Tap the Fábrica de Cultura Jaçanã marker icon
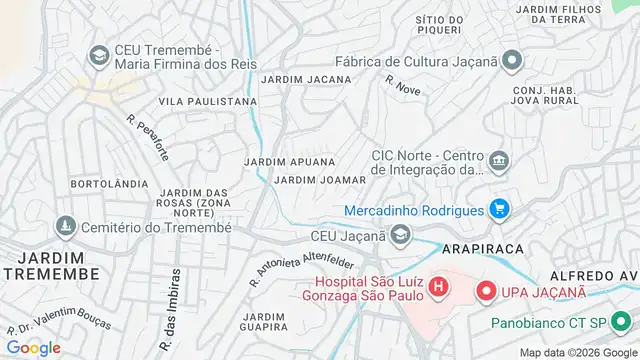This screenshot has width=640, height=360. click(x=512, y=61)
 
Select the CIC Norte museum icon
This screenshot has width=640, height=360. click(x=498, y=160)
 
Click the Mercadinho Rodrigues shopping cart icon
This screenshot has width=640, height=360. click(x=500, y=210)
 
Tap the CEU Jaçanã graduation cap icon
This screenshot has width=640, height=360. click(x=400, y=236)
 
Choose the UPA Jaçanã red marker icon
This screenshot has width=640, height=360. click(x=486, y=291)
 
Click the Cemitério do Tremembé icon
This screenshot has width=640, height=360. click(x=66, y=227)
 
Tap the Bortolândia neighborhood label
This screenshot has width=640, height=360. click(x=110, y=185)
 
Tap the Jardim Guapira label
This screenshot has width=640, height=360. click(x=264, y=322)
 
